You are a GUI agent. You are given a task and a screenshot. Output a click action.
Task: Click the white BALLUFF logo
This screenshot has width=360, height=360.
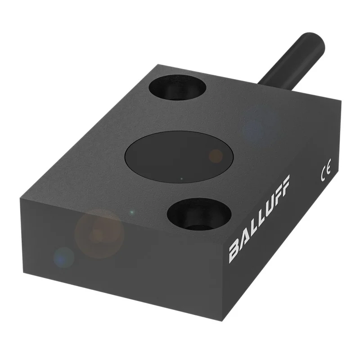pyautogui.click(x=260, y=219)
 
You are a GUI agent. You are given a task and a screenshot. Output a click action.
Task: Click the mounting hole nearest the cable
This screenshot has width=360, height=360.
pyautogui.click(x=177, y=87)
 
